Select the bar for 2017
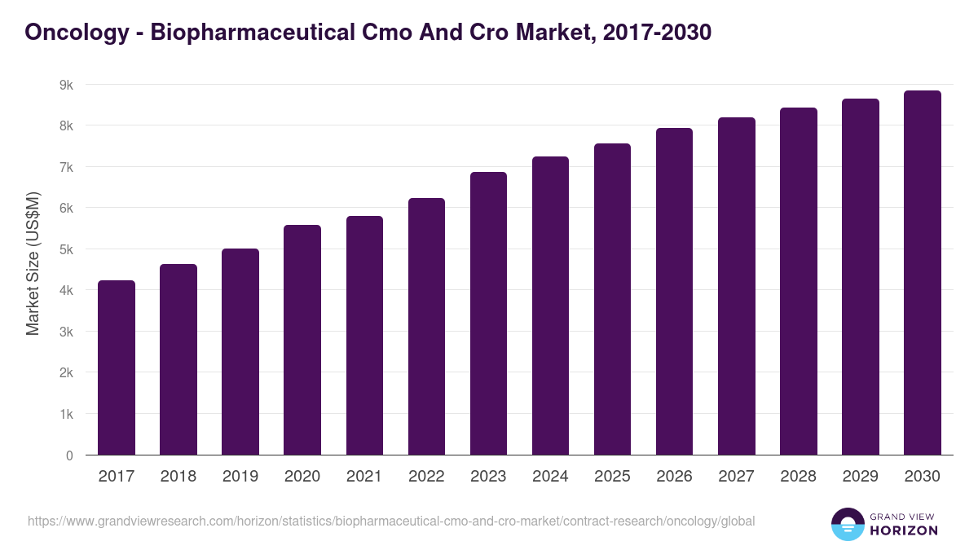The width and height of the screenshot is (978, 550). [117, 367]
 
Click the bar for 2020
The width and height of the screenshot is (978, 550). [302, 340]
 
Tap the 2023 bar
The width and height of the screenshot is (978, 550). [488, 314]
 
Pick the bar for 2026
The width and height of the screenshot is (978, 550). [674, 292]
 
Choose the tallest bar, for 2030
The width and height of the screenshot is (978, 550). [922, 273]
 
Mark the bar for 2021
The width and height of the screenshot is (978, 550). [364, 336]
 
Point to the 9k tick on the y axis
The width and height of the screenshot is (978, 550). [66, 85]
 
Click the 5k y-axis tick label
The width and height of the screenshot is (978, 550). [66, 249]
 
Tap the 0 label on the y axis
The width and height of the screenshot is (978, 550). [69, 455]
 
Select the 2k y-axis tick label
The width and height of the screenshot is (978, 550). [66, 373]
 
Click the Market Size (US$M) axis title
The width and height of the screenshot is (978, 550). [33, 263]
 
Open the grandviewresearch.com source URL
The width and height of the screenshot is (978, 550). [391, 521]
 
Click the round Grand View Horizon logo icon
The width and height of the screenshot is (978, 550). [847, 524]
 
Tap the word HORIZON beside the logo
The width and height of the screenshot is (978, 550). [905, 530]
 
